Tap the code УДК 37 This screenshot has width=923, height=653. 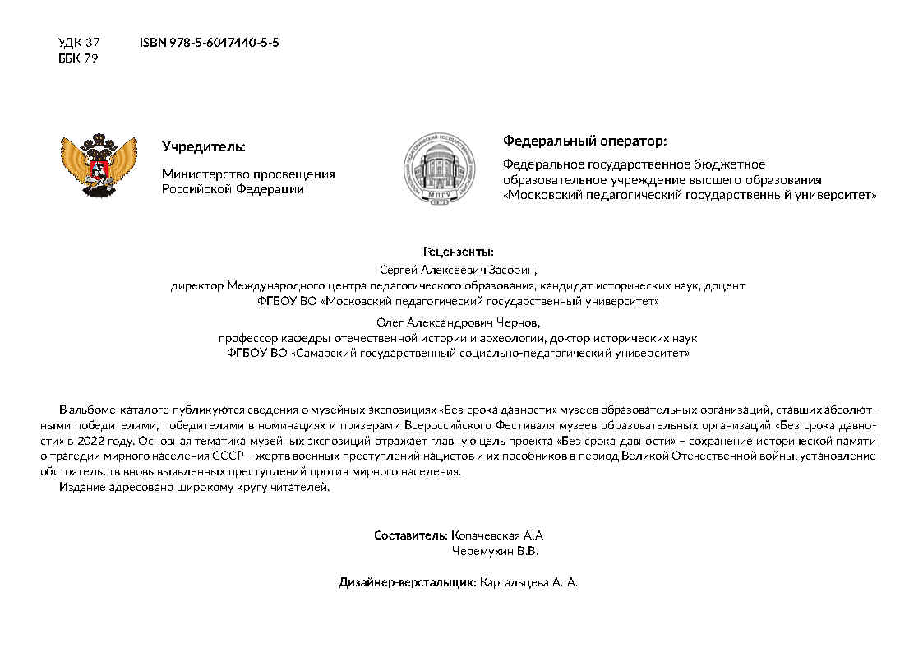coord(78,42)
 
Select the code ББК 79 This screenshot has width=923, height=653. coord(78,58)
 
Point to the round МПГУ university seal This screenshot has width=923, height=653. coord(437,167)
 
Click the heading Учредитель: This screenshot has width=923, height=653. coord(203,147)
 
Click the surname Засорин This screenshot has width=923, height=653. coord(513,269)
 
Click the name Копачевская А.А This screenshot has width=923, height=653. coord(497,535)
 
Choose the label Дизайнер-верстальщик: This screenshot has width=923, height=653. coord(407,582)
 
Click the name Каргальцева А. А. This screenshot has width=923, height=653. coord(528,582)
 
